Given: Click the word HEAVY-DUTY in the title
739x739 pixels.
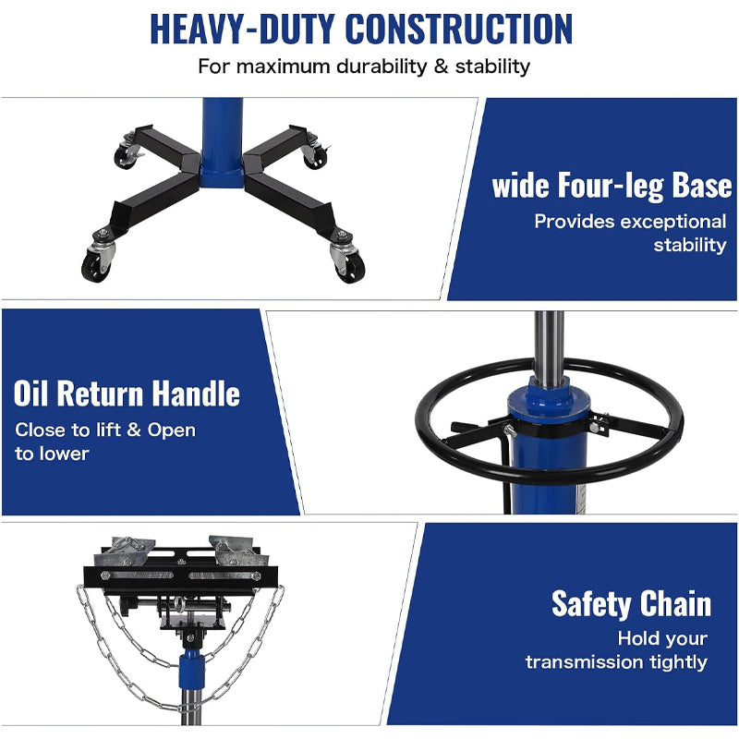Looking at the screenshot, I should (x=242, y=29).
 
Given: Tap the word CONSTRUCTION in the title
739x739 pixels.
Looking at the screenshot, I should (x=458, y=29).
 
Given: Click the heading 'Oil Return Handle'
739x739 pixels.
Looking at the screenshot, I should (x=127, y=394).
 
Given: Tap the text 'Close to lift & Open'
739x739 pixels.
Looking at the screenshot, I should (x=105, y=430).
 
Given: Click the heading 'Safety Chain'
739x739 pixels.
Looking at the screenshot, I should (x=631, y=603).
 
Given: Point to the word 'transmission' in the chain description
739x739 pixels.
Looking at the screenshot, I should (x=585, y=661).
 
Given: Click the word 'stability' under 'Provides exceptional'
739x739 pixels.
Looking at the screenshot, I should (x=690, y=245).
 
